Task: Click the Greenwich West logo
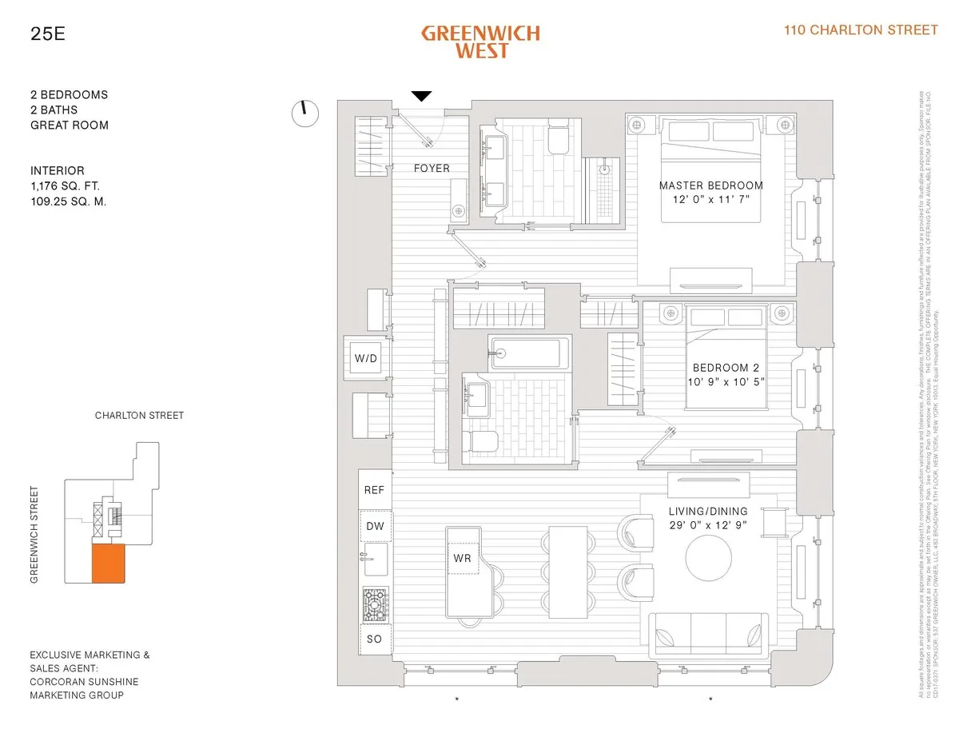pyautogui.click(x=480, y=42)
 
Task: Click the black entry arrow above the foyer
pyautogui.click(x=421, y=97)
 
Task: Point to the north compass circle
pyautogui.click(x=305, y=114)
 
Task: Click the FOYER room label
pyautogui.click(x=432, y=169)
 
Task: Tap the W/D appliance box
pyautogui.click(x=366, y=358)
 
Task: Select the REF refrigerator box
pyautogui.click(x=374, y=490)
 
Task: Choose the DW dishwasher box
pyautogui.click(x=374, y=526)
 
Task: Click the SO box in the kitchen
pyautogui.click(x=374, y=639)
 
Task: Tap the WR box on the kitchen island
pyautogui.click(x=462, y=558)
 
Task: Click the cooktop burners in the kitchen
pyautogui.click(x=375, y=605)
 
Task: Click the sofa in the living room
pyautogui.click(x=710, y=635)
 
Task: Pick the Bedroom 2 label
pyautogui.click(x=726, y=368)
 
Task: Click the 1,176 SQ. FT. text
pyautogui.click(x=69, y=186)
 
